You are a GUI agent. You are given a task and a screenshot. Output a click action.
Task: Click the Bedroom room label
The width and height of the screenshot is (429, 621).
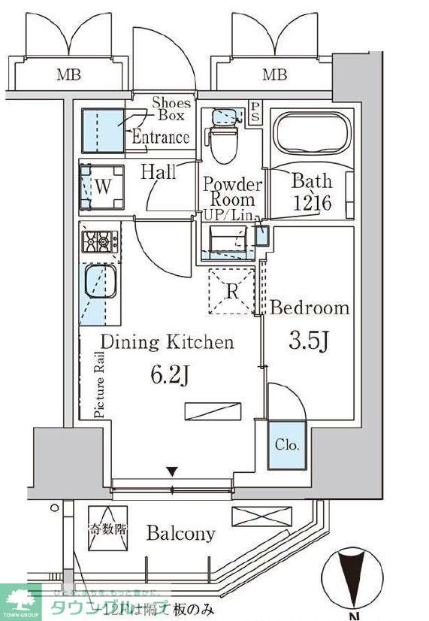[x=310, y=307]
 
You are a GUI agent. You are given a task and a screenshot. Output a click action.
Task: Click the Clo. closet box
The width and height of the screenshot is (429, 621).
[x=286, y=445]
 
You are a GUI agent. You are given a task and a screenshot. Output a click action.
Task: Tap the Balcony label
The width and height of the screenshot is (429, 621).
[x=180, y=534]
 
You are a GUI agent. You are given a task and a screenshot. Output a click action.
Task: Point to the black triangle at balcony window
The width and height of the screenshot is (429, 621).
[x=172, y=472]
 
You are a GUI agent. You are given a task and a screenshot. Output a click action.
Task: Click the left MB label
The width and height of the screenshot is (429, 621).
[x=68, y=74]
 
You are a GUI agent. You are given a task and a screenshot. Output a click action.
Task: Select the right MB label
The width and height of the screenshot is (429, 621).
[x=274, y=74]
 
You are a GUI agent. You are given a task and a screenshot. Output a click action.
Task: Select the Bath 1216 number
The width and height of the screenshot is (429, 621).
[x=312, y=204]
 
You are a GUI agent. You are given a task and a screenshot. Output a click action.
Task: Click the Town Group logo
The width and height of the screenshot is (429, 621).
[x=20, y=601]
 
